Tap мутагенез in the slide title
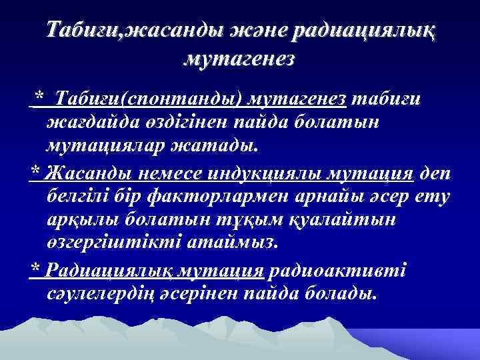point(239,59)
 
